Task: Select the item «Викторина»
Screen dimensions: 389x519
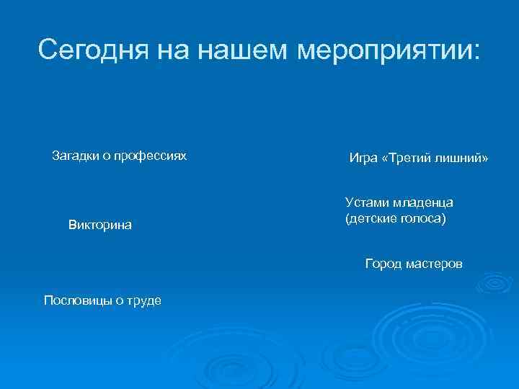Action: (100, 225)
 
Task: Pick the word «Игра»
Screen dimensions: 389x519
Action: (363, 158)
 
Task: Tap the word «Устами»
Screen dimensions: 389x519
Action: (365, 202)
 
